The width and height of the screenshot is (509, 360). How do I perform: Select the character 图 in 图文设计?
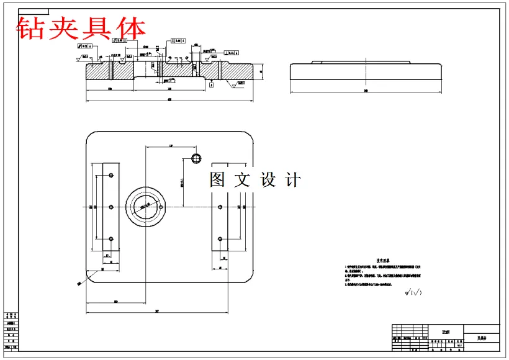tap(218, 180)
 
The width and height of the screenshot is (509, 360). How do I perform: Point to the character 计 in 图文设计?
tap(292, 180)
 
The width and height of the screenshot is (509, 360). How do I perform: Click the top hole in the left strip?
tap(110, 176)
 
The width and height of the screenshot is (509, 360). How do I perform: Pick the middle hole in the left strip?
tap(110, 207)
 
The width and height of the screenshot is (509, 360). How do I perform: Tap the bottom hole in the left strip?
tap(110, 238)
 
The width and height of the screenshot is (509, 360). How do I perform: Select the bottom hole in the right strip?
tap(220, 238)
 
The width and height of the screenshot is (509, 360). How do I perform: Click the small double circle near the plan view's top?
tap(196, 157)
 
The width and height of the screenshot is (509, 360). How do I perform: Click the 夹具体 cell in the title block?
tap(482, 338)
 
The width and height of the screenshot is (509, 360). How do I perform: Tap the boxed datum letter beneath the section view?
tap(211, 85)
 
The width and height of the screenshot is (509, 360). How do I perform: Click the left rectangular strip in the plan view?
tap(110, 207)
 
